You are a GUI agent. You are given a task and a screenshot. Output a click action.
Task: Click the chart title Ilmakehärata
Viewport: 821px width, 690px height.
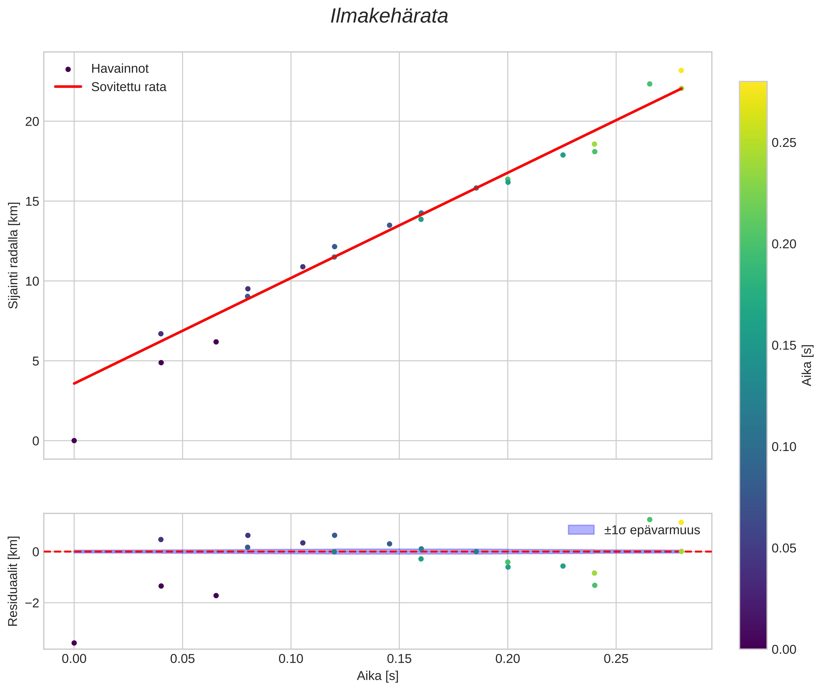click(x=389, y=16)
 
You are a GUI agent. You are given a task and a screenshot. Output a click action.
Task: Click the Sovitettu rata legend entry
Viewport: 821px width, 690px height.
click(x=110, y=87)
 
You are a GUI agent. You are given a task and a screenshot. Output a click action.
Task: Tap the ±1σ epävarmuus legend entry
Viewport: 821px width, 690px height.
click(x=634, y=530)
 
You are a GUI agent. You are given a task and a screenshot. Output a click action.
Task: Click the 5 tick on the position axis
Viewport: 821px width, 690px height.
click(x=36, y=361)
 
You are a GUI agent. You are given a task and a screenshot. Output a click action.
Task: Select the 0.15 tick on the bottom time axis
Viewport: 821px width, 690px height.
click(x=399, y=659)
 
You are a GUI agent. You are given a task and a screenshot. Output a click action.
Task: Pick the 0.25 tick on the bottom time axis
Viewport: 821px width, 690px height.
click(x=616, y=659)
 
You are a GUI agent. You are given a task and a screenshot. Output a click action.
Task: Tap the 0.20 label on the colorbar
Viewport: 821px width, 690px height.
click(x=784, y=244)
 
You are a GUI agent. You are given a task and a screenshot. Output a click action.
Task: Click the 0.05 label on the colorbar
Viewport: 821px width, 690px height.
click(x=784, y=548)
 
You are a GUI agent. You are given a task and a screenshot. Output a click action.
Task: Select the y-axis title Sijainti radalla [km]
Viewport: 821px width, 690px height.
click(x=14, y=255)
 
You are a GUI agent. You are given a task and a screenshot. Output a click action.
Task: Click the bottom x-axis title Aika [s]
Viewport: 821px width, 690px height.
click(x=377, y=676)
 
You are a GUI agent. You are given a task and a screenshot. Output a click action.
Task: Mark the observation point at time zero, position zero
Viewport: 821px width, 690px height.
click(x=74, y=441)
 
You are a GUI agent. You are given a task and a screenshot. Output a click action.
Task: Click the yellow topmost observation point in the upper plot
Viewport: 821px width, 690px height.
click(x=681, y=70)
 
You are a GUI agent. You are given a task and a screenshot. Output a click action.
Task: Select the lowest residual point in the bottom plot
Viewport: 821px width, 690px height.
click(x=74, y=643)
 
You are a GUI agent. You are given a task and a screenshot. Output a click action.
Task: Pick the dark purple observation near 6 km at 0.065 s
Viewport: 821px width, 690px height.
click(x=216, y=342)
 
